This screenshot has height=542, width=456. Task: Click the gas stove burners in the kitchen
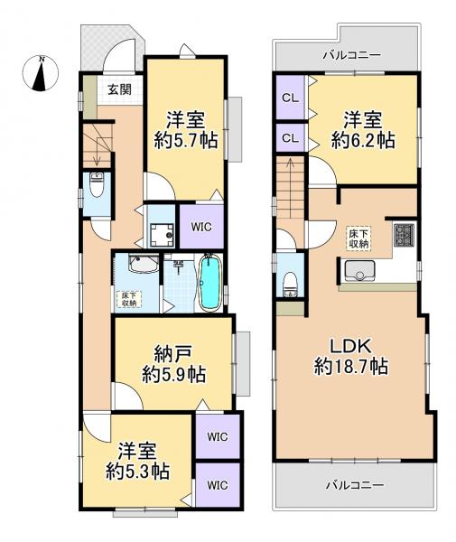coord(403,235)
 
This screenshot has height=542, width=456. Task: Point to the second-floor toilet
coord(289,281)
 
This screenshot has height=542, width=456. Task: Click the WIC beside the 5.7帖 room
coord(201,227)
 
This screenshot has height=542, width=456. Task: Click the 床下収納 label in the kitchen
coord(358,238)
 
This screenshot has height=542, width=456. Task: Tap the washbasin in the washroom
coord(142,266)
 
